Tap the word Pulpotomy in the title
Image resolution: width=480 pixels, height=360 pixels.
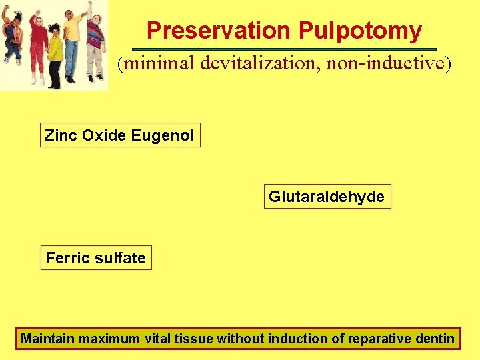point(360,31)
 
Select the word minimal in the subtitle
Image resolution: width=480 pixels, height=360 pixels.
point(157,64)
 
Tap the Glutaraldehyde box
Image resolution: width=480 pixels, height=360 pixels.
point(327,197)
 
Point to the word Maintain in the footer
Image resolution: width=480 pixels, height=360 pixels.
point(47,339)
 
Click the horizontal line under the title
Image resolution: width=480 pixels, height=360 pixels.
point(284,49)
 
